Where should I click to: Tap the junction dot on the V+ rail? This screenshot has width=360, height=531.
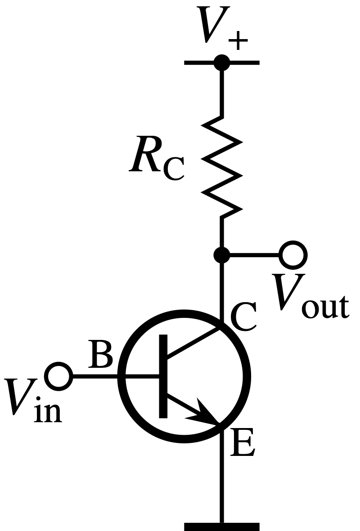(222, 62)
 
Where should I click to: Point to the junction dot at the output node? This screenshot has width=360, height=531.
(222, 255)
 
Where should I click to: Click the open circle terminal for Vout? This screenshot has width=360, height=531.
(293, 255)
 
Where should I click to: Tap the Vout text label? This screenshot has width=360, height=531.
(310, 297)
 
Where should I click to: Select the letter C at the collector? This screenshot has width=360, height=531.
(243, 317)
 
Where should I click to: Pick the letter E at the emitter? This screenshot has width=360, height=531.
(242, 442)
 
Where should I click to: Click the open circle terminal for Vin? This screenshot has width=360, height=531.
(58, 376)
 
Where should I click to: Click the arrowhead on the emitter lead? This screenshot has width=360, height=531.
(204, 413)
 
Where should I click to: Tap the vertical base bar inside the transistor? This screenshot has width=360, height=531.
(163, 376)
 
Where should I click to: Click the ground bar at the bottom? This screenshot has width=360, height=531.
(222, 527)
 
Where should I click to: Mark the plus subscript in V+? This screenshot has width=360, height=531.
(238, 40)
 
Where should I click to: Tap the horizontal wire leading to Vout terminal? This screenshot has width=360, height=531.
(255, 255)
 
